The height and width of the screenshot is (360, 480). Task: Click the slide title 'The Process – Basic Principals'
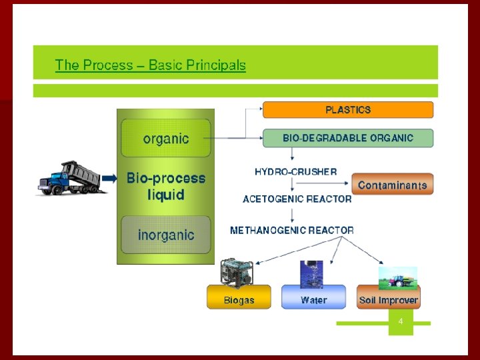[150, 65]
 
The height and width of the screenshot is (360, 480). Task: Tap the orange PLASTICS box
[348, 109]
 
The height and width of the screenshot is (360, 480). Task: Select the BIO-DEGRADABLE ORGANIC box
[348, 138]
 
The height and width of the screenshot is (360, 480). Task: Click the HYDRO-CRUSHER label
[295, 171]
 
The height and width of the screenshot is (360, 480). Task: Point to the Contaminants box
[392, 185]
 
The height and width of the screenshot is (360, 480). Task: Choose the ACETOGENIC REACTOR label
[297, 199]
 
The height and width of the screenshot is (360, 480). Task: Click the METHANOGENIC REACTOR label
[292, 230]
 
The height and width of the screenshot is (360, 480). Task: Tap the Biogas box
[239, 300]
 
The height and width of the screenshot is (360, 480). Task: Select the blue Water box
[313, 300]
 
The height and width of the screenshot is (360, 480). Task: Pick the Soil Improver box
[388, 300]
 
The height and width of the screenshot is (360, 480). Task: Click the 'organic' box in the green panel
[166, 139]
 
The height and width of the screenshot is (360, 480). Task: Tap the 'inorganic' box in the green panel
[166, 235]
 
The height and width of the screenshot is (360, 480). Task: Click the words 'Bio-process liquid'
[166, 187]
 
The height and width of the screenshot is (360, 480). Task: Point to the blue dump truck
[69, 178]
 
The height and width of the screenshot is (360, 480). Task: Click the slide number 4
[401, 321]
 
